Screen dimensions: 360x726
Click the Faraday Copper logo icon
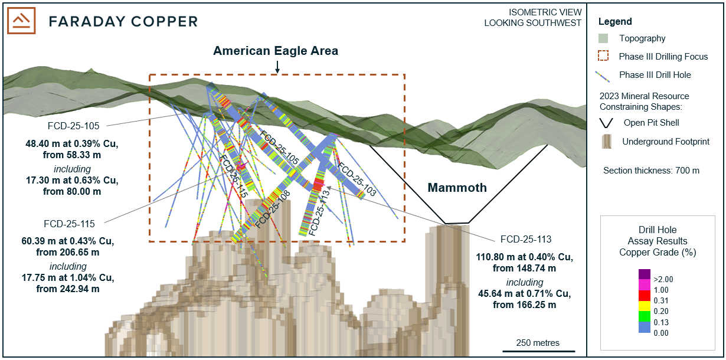[21, 21]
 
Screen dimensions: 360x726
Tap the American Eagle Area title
[276, 51]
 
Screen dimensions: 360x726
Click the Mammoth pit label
[457, 188]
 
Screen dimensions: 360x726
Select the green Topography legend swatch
[603, 38]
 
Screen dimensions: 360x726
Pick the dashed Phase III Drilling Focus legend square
[603, 57]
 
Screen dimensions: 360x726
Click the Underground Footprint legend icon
[604, 142]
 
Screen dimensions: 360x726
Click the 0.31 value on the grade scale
[660, 301]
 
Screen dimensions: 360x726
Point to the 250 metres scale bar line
[538, 352]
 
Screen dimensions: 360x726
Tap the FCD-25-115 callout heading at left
[70, 224]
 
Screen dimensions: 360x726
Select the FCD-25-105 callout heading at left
[74, 126]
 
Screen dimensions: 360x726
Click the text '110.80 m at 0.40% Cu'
[524, 257]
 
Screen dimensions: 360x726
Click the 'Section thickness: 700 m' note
[651, 171]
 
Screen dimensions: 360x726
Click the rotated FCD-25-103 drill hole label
[357, 178]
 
